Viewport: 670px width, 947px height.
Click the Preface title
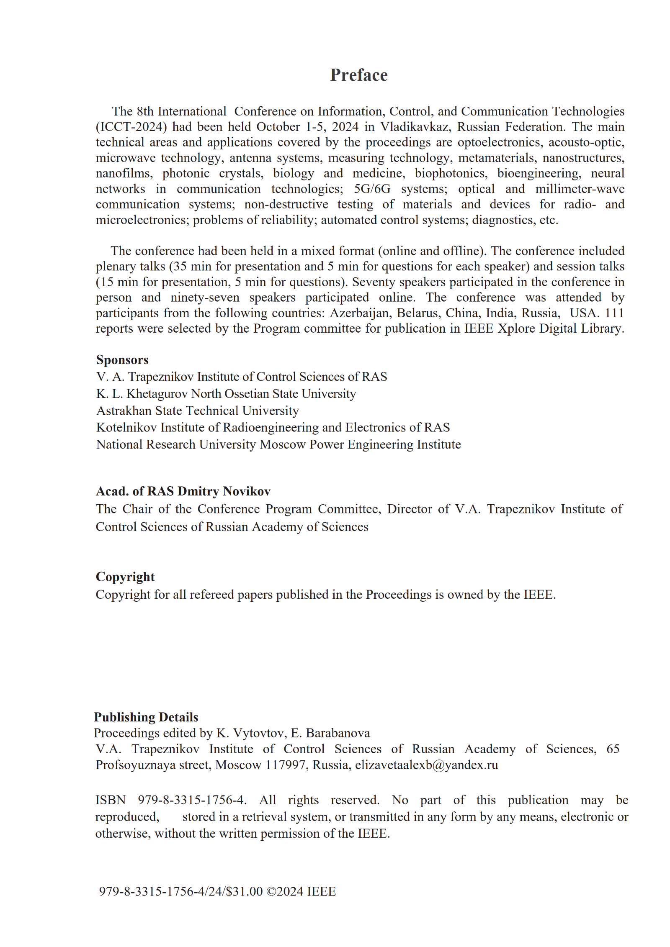tap(359, 75)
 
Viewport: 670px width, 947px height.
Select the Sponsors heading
tap(122, 360)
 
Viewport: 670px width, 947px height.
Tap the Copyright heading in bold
tap(125, 577)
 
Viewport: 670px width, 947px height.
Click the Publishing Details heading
tap(146, 717)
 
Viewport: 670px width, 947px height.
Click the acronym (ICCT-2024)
tap(131, 127)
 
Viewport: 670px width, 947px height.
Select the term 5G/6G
tap(372, 189)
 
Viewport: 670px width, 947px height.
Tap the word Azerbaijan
tap(361, 313)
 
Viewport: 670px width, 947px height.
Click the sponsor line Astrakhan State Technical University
tap(198, 411)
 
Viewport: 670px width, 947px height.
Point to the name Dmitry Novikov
tap(224, 491)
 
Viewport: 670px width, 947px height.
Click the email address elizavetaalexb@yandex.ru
tap(426, 765)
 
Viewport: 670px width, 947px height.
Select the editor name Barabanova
tap(338, 733)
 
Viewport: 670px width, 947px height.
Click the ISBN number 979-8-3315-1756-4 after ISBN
tap(192, 800)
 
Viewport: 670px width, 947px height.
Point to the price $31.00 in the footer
tap(244, 891)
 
